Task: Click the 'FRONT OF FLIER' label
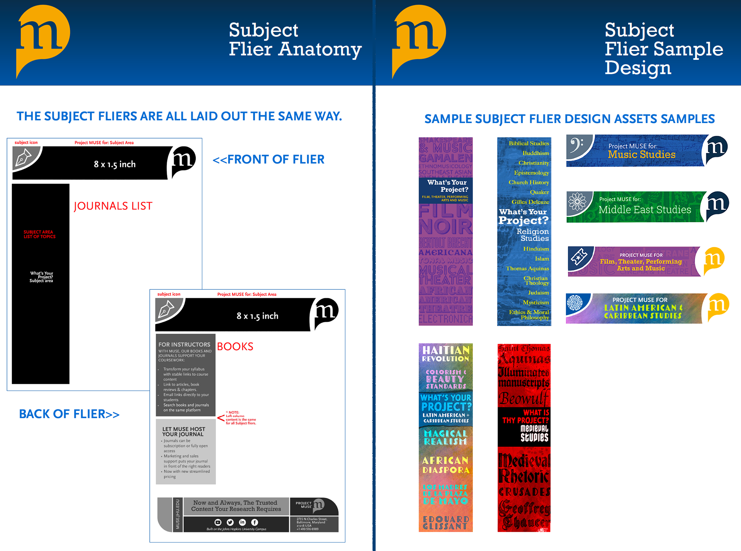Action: [269, 159]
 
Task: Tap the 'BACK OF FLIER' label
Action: [69, 414]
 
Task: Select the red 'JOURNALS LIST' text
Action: [113, 206]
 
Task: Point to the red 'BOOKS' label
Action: [235, 346]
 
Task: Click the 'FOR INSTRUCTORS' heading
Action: [184, 345]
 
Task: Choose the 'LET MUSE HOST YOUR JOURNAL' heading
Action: [183, 432]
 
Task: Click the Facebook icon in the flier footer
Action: [255, 522]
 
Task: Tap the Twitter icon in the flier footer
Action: [230, 522]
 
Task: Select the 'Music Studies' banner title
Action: [641, 155]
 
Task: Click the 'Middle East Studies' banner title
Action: [645, 210]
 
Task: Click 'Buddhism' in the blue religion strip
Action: [535, 153]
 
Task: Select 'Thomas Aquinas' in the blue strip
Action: [527, 269]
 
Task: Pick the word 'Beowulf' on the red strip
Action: [523, 398]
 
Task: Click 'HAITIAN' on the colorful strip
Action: [445, 350]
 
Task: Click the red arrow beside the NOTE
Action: [221, 417]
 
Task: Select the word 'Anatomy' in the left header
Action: [320, 49]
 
